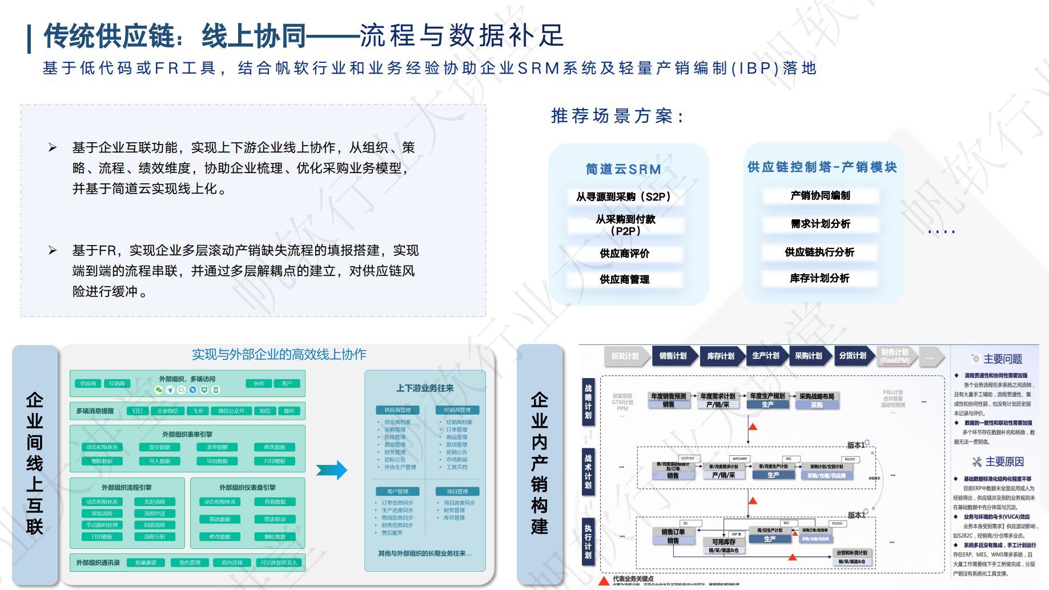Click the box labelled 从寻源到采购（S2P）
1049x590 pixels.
(624, 196)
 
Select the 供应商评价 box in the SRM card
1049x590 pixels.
(624, 253)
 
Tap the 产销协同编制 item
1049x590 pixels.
(820, 195)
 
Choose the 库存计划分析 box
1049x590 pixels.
(820, 278)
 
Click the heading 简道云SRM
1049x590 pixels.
(624, 169)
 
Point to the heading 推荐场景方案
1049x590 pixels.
(617, 116)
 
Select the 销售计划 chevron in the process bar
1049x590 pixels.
(673, 356)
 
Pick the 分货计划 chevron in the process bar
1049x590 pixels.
(852, 356)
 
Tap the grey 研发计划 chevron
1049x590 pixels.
(625, 356)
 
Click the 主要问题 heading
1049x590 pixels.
(1002, 359)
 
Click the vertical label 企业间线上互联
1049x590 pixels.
(35, 463)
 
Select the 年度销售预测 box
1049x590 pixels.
(668, 396)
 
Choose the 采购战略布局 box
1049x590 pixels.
(817, 396)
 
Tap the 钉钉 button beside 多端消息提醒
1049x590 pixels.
(138, 411)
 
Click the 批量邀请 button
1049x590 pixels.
(146, 563)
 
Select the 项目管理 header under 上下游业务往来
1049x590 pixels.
(457, 491)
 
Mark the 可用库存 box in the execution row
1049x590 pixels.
(724, 541)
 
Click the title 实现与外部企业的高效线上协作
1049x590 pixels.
(279, 354)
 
